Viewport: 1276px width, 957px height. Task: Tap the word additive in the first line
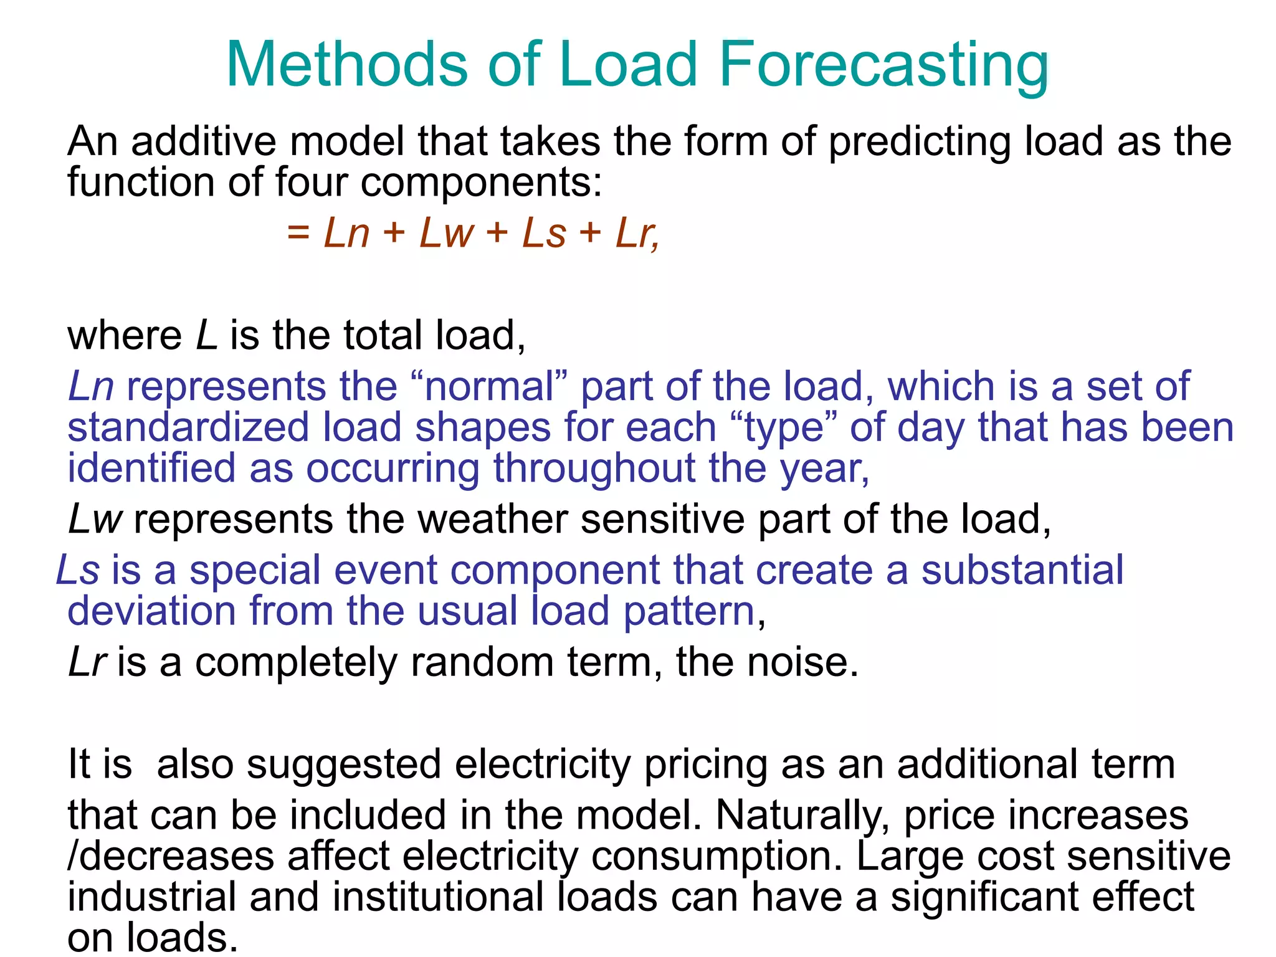coord(204,141)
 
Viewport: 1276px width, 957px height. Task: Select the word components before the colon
coord(477,183)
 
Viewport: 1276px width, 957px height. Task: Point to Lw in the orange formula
coord(447,233)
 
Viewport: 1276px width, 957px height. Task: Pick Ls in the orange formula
coord(545,233)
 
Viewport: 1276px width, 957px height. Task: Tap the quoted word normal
coord(489,386)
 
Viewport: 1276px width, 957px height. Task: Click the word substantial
coord(1022,570)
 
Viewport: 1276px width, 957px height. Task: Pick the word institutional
coord(438,897)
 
